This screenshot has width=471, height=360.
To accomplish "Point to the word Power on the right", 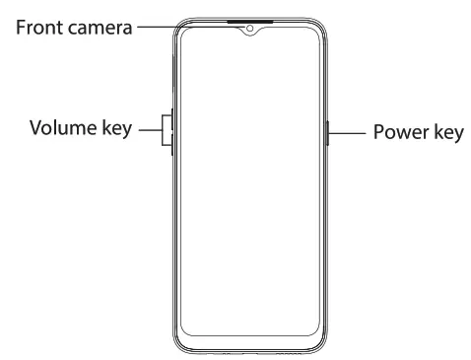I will tap(396, 131).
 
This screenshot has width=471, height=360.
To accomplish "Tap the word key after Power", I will tap(445, 131).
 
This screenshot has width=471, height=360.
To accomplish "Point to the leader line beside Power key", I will tap(346, 130).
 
